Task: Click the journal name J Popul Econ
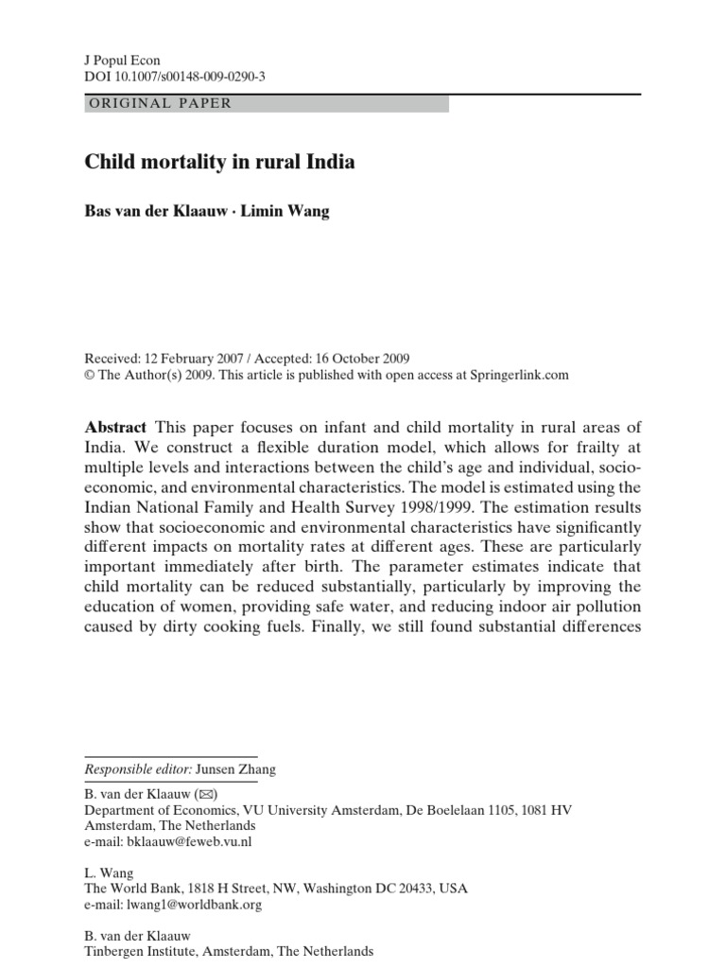click(122, 61)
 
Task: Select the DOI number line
click(175, 77)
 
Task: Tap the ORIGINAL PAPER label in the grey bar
click(159, 103)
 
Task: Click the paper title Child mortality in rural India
click(220, 162)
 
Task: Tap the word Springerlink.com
click(519, 374)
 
